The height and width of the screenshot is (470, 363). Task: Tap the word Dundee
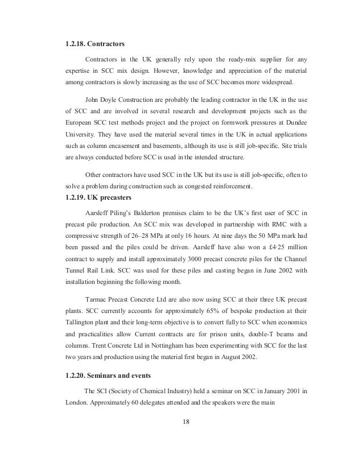click(295, 121)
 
